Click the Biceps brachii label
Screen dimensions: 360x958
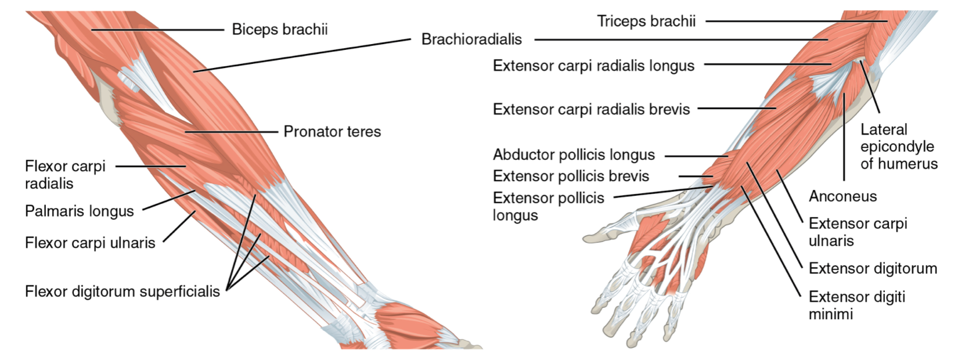(279, 29)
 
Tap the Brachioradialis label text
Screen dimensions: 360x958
(471, 39)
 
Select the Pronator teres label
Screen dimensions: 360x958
(332, 132)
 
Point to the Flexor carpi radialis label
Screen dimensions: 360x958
(65, 175)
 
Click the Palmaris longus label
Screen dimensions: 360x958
(80, 211)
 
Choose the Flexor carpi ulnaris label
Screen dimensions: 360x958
(90, 242)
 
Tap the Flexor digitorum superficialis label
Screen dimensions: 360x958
(123, 291)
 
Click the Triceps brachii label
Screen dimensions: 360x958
(646, 21)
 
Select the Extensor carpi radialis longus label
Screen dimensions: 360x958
(593, 66)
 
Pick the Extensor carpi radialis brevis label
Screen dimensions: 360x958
(591, 109)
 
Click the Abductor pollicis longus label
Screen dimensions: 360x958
(574, 155)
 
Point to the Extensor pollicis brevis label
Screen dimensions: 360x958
(571, 176)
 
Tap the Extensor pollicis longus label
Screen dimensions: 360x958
(548, 206)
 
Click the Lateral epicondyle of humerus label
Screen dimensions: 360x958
(899, 147)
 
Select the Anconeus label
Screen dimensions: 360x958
(842, 196)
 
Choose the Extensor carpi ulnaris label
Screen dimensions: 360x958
(858, 232)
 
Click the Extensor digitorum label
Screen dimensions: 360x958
(873, 268)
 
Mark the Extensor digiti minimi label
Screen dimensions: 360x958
(856, 305)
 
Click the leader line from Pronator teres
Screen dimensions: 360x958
(232, 132)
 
